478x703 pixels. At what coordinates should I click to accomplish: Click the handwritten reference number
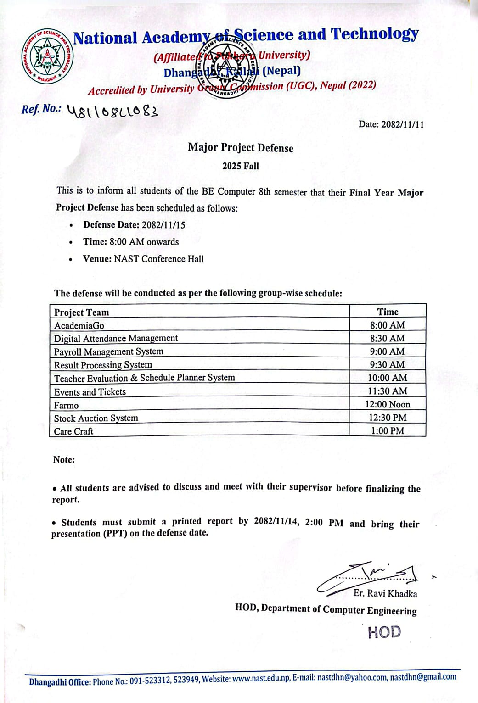point(112,111)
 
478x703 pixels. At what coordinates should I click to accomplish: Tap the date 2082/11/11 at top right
point(402,124)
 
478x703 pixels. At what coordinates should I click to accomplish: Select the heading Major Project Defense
point(240,148)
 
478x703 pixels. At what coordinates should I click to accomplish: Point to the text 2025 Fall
point(241,166)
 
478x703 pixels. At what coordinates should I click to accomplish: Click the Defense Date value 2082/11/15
point(163,225)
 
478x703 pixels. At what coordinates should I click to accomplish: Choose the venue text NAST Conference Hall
point(159,259)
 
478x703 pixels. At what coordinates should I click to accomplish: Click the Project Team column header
point(82,312)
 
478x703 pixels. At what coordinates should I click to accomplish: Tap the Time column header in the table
point(388,312)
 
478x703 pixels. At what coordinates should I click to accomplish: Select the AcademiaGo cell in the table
point(79,326)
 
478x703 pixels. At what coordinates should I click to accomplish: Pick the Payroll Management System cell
point(109,352)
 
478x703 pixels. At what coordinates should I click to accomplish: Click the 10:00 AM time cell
point(388,378)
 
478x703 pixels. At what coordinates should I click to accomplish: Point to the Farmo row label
point(66,406)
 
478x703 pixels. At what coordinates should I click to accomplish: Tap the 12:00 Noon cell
point(388,405)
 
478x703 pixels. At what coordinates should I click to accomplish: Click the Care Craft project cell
point(73,431)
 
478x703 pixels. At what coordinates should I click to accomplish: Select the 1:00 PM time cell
point(388,431)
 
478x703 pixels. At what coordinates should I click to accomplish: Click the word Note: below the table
point(64,460)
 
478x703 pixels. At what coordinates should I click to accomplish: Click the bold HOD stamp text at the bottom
point(384,632)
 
